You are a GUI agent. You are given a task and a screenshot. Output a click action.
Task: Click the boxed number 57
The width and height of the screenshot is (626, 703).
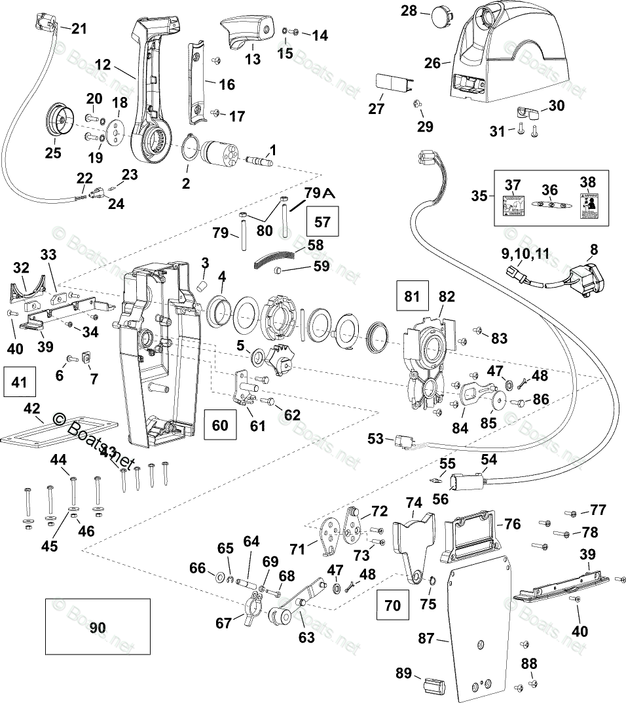(x=323, y=221)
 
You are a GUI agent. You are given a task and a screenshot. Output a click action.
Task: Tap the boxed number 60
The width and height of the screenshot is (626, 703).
(x=220, y=425)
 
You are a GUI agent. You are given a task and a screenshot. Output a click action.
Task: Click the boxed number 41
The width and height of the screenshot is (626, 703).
(x=20, y=382)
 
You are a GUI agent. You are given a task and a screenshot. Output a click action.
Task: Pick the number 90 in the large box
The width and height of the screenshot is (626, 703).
(x=97, y=628)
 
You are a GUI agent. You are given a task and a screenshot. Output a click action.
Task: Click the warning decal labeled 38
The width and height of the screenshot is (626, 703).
(x=589, y=204)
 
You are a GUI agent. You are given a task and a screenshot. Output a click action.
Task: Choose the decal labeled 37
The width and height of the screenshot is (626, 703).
(x=513, y=205)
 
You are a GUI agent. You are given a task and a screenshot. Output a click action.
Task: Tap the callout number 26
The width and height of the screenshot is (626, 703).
(x=432, y=63)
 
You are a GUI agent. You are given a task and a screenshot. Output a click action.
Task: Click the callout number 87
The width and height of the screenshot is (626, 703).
(x=426, y=638)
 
